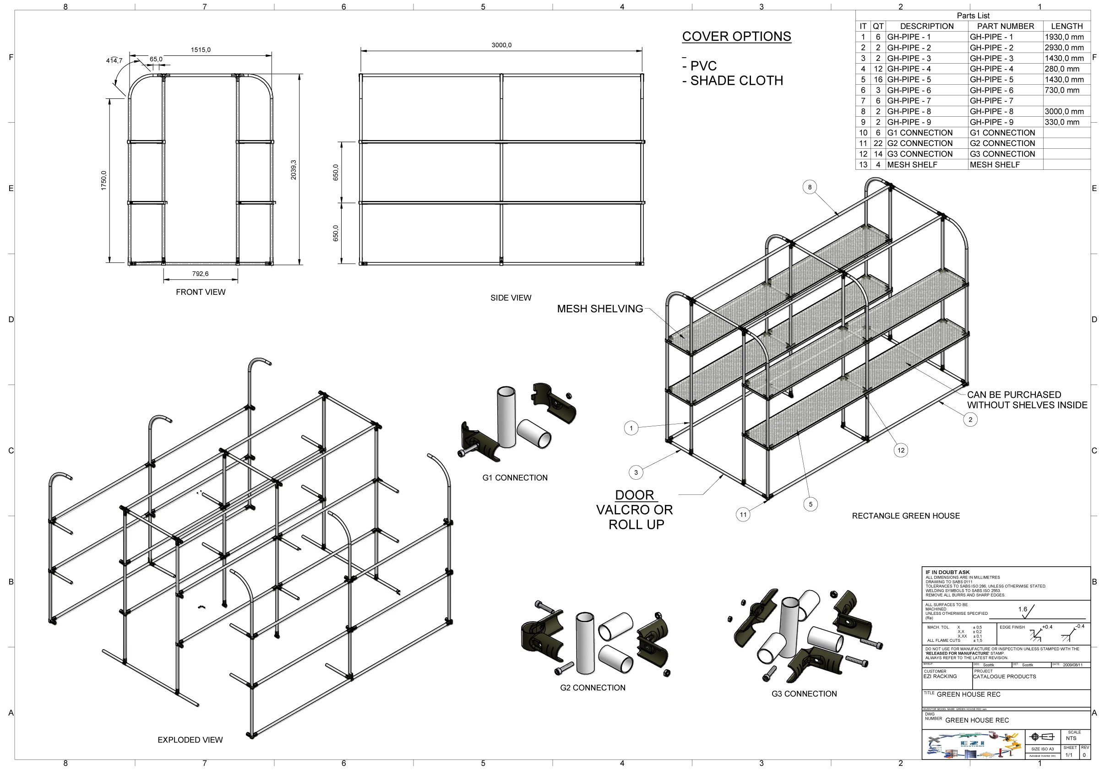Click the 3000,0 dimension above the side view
click(501, 45)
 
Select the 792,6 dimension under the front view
click(200, 274)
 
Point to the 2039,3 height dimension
click(294, 170)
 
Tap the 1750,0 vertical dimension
click(104, 180)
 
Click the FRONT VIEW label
click(200, 292)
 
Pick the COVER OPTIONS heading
click(736, 37)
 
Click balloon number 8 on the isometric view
click(809, 187)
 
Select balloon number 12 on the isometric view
click(901, 450)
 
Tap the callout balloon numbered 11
click(743, 514)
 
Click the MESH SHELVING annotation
click(599, 309)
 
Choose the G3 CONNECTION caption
click(804, 694)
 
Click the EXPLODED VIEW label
click(190, 740)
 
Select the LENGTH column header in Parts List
click(1066, 26)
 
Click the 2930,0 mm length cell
click(1064, 48)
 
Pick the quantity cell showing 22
click(878, 143)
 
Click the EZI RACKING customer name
click(940, 677)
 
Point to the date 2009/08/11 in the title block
click(1072, 665)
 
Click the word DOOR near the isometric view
click(634, 495)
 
